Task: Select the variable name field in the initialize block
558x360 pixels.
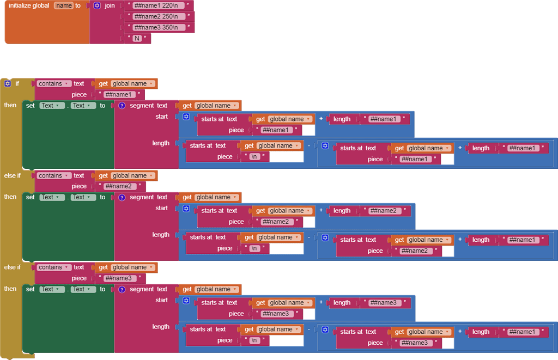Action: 63,5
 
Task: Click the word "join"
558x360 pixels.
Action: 110,5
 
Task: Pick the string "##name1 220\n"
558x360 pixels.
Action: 159,5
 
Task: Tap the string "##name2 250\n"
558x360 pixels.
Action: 159,16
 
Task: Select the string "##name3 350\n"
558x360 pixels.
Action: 159,27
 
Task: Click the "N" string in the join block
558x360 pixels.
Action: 137,38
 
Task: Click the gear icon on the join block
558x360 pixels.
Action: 97,5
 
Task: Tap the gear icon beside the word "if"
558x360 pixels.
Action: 7,83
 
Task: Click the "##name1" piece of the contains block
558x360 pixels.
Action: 118,95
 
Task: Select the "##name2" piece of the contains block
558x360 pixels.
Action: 118,186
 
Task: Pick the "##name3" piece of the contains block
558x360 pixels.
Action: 118,278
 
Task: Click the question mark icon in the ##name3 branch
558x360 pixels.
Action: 122,289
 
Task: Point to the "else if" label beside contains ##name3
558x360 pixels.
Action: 12,267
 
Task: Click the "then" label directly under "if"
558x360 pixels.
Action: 10,105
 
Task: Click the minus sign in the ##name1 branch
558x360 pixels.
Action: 309,145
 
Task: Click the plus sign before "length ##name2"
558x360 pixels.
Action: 321,211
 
